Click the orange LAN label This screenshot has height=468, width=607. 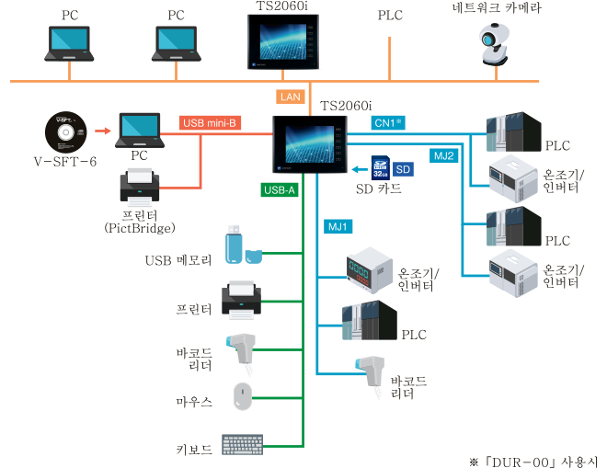tap(289, 97)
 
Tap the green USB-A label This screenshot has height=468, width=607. tap(278, 191)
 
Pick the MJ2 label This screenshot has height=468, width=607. tap(444, 155)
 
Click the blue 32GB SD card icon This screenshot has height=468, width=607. tap(378, 168)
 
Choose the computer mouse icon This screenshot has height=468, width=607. tap(243, 397)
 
